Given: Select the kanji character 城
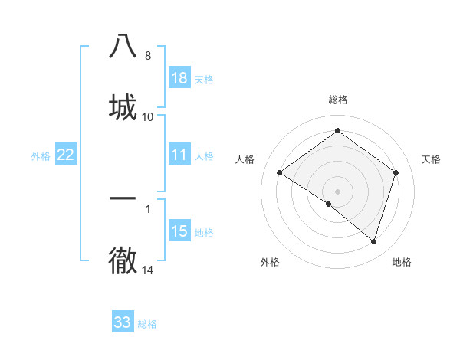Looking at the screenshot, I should (123, 107).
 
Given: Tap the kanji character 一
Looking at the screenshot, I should (123, 198).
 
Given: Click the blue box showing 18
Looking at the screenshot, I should (179, 78).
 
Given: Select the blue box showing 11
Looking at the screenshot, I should (179, 155).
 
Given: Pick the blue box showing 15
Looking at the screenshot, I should (179, 231).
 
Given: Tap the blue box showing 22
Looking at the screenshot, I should (66, 155).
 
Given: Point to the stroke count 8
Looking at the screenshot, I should (147, 56).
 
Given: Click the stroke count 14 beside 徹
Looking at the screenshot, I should (148, 270).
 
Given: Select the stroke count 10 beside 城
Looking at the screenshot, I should (148, 117).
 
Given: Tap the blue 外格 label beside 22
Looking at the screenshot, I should (41, 156).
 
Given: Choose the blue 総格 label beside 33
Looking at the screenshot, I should (147, 324).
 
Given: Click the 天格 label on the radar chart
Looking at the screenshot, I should (431, 159).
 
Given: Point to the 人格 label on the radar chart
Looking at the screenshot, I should (245, 159).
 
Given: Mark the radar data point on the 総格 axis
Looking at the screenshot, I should (337, 130).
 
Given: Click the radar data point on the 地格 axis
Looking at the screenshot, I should (373, 241).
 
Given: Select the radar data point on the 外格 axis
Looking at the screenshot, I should (329, 204).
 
